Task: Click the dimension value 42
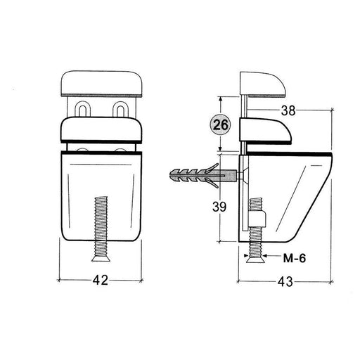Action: coord(101,280)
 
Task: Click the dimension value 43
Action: coord(285,281)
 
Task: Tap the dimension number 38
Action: coord(288,110)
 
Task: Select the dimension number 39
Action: coord(219,207)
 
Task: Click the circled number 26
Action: coord(221,124)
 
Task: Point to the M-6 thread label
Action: coord(295,259)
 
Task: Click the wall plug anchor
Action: coord(203,176)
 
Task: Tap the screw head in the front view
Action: coord(101,258)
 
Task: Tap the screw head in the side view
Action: coord(255,259)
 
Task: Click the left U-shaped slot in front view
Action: coord(82,109)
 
